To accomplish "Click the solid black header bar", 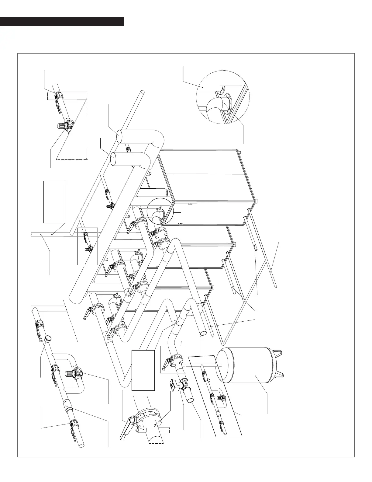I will click(x=62, y=22).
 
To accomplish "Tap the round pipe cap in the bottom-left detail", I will click(x=48, y=339).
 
